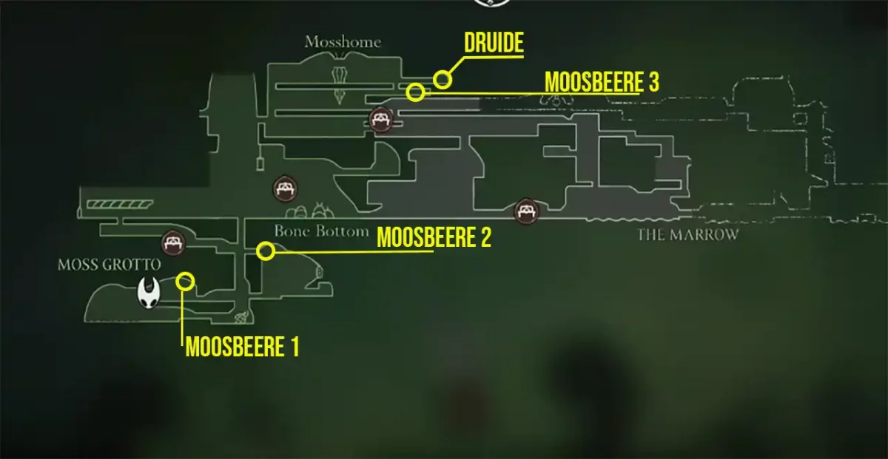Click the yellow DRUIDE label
pyautogui.click(x=494, y=43)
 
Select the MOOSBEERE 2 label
pyautogui.click(x=434, y=238)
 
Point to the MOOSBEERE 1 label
pyautogui.click(x=242, y=347)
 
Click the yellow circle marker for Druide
pyautogui.click(x=442, y=79)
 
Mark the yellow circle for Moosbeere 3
pyautogui.click(x=416, y=92)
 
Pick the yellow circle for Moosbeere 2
pyautogui.click(x=266, y=251)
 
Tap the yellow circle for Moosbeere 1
pyautogui.click(x=186, y=281)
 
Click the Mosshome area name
pyautogui.click(x=343, y=42)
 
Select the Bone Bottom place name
pyautogui.click(x=321, y=231)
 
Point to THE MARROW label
pyautogui.click(x=688, y=235)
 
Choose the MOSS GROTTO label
pyautogui.click(x=110, y=264)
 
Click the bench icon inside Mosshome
pyautogui.click(x=380, y=118)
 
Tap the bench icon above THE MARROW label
pyautogui.click(x=527, y=211)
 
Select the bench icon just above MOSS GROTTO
pyautogui.click(x=173, y=242)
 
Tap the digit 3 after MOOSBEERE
pyautogui.click(x=652, y=81)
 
